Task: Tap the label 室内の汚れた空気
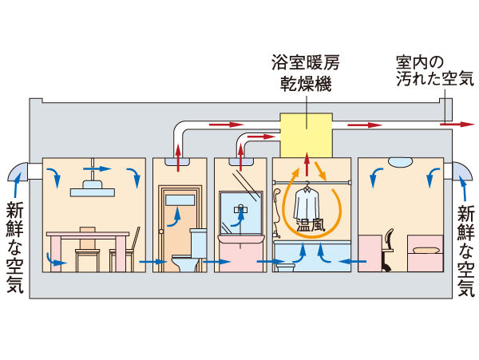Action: click(x=434, y=70)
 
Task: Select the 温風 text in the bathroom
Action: click(x=311, y=225)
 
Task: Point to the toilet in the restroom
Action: click(x=185, y=257)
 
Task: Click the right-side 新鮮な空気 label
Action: click(x=465, y=247)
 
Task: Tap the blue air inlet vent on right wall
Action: click(x=462, y=172)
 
